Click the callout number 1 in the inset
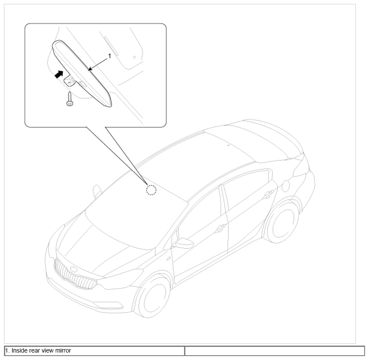tap(109, 56)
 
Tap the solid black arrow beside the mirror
tap(59, 74)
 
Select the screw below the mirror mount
tap(70, 99)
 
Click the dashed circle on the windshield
tap(151, 190)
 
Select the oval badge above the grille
tap(73, 269)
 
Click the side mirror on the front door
tap(184, 243)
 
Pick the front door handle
tap(220, 228)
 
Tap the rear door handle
tap(268, 194)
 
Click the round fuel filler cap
tap(285, 186)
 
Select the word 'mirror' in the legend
tap(63, 350)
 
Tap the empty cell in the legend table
tap(275, 351)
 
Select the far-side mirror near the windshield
tap(97, 191)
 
